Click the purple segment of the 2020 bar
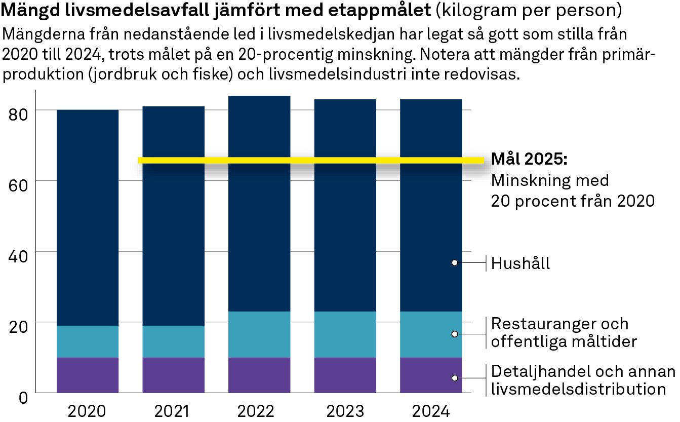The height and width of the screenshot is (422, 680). (88, 375)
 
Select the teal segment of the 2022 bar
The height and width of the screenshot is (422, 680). (259, 334)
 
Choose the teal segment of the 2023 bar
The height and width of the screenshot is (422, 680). (345, 334)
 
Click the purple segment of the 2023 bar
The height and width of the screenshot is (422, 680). (345, 375)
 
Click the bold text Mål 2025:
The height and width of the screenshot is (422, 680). (529, 159)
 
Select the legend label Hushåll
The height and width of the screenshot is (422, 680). (521, 264)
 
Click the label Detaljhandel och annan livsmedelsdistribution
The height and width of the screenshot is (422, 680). (582, 380)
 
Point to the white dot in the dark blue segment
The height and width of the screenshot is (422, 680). (455, 262)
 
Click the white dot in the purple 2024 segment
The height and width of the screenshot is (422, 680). (455, 378)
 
